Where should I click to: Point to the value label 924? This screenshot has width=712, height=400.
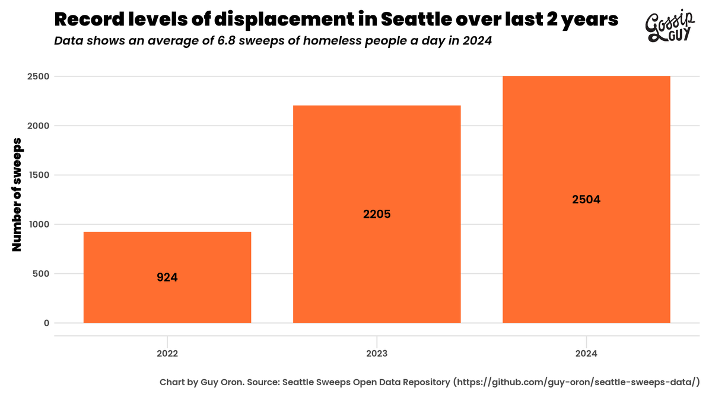tap(167, 277)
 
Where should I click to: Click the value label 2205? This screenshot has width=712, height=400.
tap(377, 215)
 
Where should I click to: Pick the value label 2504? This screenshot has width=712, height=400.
tap(586, 200)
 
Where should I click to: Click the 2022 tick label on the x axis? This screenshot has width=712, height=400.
tap(167, 353)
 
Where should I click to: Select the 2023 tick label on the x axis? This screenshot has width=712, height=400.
tap(377, 353)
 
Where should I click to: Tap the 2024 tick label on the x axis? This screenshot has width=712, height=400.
tap(586, 353)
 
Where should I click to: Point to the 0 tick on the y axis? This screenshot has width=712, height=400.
tap(46, 323)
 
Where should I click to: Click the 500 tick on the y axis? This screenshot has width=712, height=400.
tap(41, 274)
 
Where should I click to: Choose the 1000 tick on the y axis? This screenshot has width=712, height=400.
tap(39, 225)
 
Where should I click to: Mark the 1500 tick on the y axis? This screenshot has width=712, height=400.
tap(39, 175)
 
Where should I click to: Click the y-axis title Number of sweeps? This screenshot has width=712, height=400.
tap(17, 194)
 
